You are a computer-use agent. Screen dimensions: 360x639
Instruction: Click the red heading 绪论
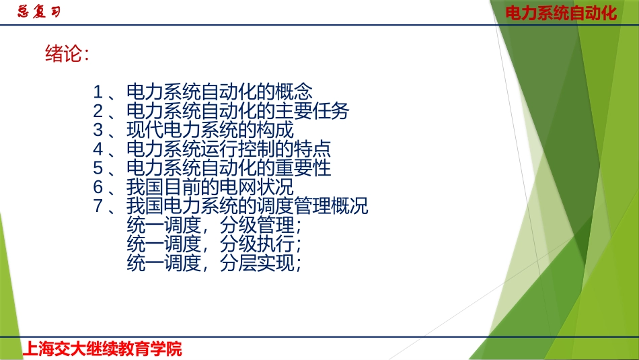[x=67, y=55]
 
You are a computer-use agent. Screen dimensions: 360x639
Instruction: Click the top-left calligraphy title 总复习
[x=39, y=12]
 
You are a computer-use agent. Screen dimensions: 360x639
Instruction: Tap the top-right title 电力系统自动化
[x=561, y=13]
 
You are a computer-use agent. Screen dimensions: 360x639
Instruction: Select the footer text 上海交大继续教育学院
[x=102, y=349]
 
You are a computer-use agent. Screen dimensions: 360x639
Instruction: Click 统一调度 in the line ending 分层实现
[x=163, y=263]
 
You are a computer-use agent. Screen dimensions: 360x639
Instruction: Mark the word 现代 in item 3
[x=145, y=129]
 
